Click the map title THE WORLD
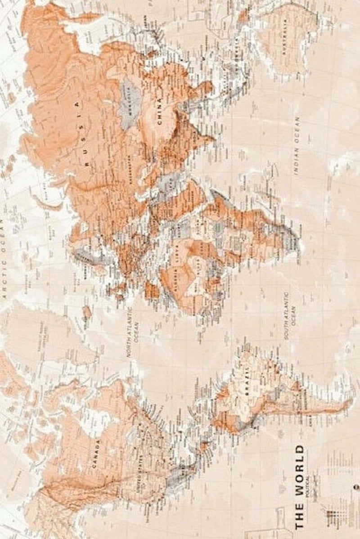click(x=299, y=486)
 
